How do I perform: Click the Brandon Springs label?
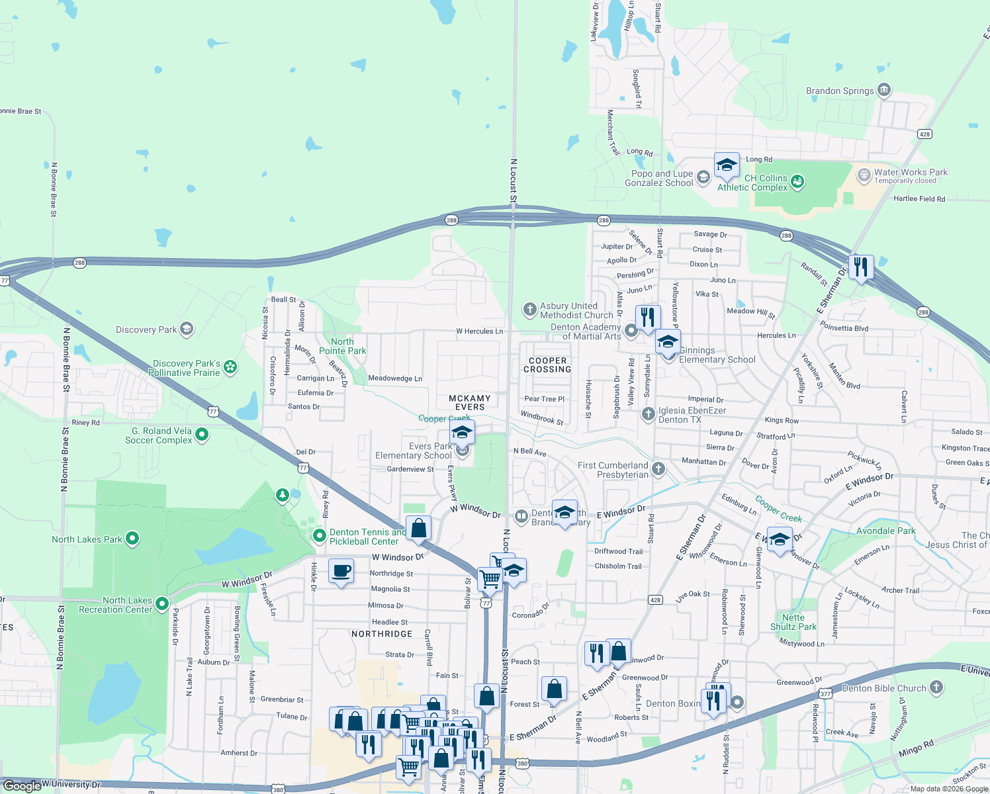coord(840,91)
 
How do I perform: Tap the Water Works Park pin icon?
coord(864,175)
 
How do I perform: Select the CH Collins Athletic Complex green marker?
coord(797,182)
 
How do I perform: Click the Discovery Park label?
coord(146,330)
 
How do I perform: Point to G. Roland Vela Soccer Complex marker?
coord(202,435)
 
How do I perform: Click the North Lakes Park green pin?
coord(132,539)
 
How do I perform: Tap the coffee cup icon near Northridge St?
coord(341,571)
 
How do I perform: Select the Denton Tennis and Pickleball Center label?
coord(368,537)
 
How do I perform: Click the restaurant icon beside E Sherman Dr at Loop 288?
coord(860,267)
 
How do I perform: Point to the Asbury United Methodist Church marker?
coord(529,309)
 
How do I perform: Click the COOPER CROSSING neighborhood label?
coord(547,365)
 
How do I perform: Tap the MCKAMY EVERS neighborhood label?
coord(470,402)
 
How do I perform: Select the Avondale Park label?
coord(885,531)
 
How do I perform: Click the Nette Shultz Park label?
coord(793,622)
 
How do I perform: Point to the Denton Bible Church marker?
coord(936,687)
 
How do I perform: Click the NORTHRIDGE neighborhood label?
coord(382,634)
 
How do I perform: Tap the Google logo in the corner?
coord(22,785)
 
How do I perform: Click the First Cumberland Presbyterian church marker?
coord(658,469)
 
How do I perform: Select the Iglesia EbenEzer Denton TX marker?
coord(649,414)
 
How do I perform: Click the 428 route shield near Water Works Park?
coord(924,134)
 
